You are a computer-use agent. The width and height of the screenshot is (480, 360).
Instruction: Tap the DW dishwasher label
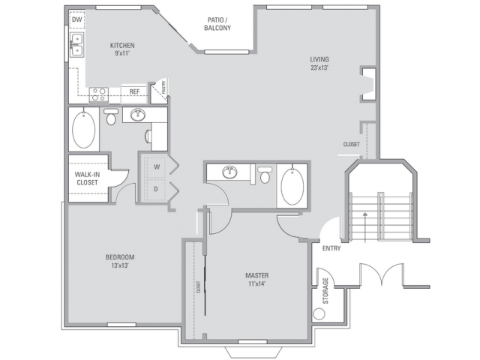(x=77, y=20)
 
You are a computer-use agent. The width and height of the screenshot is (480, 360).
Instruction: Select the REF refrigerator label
(x=134, y=92)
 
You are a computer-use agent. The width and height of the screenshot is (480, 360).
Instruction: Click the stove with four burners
(x=99, y=94)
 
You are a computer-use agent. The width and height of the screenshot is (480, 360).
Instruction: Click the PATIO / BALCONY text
(x=217, y=24)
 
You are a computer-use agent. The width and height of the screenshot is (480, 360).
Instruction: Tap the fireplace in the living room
(x=367, y=82)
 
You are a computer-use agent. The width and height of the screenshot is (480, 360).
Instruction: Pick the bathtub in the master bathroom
(x=292, y=187)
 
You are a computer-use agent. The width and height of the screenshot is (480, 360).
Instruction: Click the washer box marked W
(x=157, y=166)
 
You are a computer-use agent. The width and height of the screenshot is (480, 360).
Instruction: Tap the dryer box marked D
(x=157, y=189)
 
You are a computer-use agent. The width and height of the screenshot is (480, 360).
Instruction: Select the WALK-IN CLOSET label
(x=87, y=178)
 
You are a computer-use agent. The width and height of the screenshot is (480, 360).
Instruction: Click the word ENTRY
(x=331, y=248)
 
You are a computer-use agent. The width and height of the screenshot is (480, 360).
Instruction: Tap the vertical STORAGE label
(x=325, y=290)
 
